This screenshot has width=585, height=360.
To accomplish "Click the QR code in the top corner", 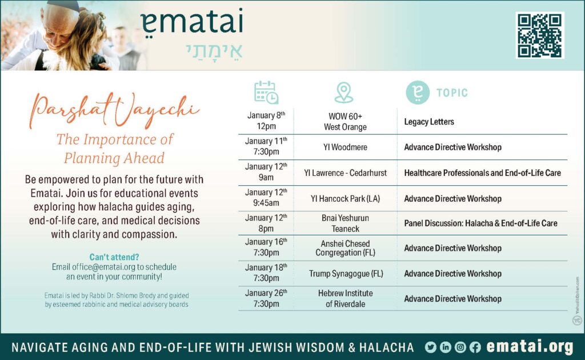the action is (x=539, y=35).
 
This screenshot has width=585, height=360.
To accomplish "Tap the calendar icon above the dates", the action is (x=266, y=92).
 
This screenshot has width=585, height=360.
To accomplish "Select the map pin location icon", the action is (x=343, y=93).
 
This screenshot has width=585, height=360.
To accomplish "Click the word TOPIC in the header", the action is (x=452, y=93).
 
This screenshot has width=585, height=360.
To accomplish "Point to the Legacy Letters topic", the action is (x=429, y=122).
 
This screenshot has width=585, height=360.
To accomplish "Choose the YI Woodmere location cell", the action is (x=345, y=147).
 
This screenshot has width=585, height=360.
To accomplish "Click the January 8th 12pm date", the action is (x=266, y=121).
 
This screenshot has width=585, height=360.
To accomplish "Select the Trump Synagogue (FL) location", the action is (x=346, y=274).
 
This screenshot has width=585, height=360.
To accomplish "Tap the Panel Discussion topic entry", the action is (x=480, y=223).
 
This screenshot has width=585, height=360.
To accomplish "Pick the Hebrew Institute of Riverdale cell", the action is (x=346, y=298).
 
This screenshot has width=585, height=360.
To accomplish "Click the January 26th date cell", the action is (x=266, y=298).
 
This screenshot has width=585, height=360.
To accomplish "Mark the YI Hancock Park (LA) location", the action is (x=345, y=198).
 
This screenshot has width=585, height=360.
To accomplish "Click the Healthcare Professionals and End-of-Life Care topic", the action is (x=482, y=173).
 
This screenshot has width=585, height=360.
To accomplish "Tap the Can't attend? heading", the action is (x=114, y=257).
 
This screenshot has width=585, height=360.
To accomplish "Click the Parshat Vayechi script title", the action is (x=114, y=110).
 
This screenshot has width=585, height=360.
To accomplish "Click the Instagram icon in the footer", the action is (x=460, y=347).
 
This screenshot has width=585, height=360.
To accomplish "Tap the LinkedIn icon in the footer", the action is (x=446, y=347).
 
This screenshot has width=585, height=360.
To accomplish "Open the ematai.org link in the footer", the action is (x=530, y=347).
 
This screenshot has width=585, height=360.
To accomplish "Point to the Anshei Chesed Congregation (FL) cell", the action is (x=345, y=248).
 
